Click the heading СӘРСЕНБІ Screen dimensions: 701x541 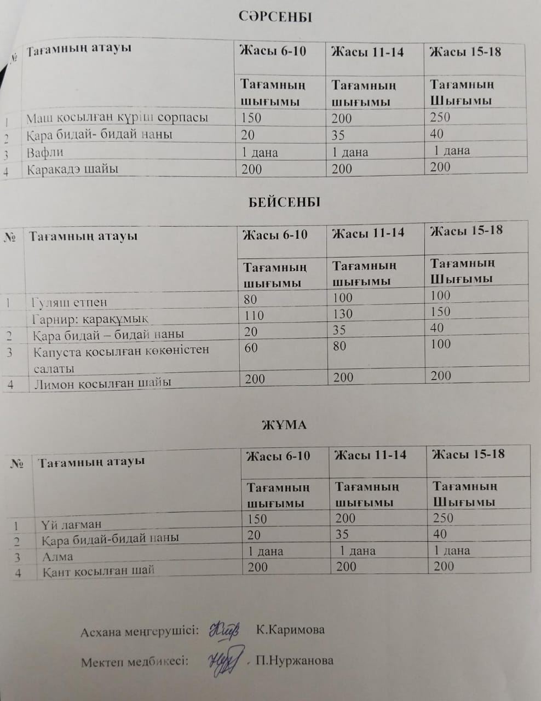pyautogui.click(x=275, y=17)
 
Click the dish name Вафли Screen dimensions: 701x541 pyautogui.click(x=45, y=152)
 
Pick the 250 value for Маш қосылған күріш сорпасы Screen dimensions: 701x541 pyautogui.click(x=440, y=117)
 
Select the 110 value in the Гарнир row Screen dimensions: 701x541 pyautogui.click(x=254, y=315)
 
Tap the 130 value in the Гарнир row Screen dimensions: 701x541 pyautogui.click(x=343, y=314)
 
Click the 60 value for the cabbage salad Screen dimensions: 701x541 pyautogui.click(x=251, y=348)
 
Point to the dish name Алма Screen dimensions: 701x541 pyautogui.click(x=57, y=556)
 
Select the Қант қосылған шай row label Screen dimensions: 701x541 pyautogui.click(x=99, y=571)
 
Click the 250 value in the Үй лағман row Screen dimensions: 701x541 pyautogui.click(x=443, y=518)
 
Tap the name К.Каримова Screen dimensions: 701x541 pyautogui.click(x=290, y=630)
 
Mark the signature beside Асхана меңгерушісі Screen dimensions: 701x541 pyautogui.click(x=223, y=630)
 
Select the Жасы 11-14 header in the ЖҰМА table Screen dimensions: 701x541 pyautogui.click(x=370, y=455)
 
